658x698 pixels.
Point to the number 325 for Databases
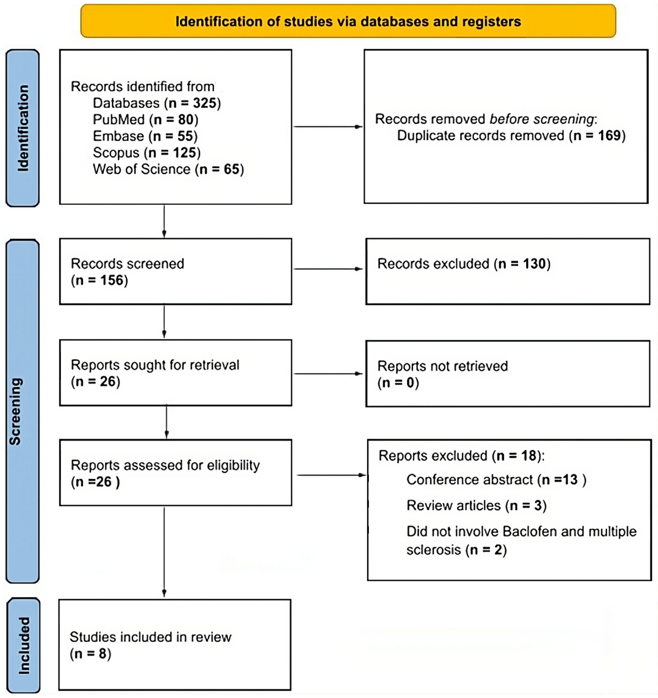[x=205, y=103]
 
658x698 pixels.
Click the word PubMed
[x=119, y=120]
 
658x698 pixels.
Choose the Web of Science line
[x=168, y=169]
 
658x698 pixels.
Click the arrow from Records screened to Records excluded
[x=328, y=269]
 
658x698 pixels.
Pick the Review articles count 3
[x=538, y=506]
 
